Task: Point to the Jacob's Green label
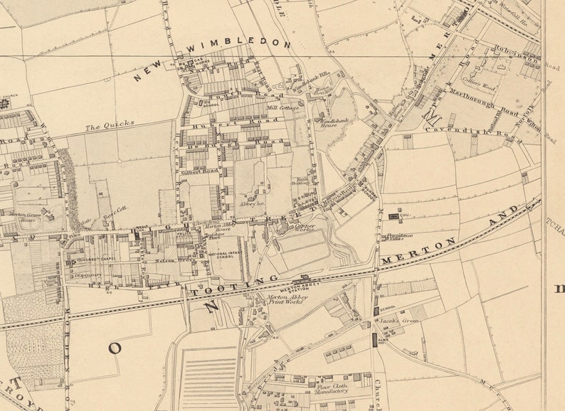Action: [x=395, y=321]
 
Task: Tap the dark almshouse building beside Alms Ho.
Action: [x=374, y=340]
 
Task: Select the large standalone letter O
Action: [x=115, y=348]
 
